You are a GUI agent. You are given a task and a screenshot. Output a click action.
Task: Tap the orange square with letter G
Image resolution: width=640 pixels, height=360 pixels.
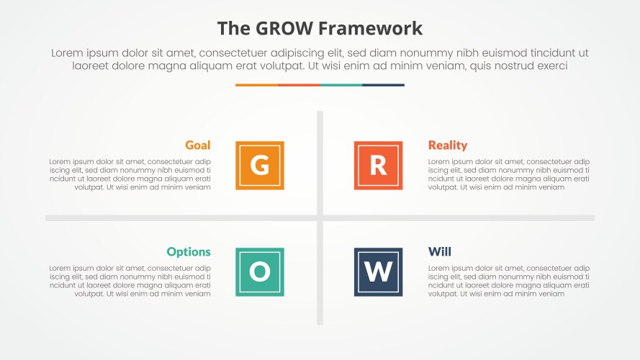(260, 166)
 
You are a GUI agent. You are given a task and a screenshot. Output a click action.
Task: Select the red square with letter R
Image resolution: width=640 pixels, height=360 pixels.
(378, 166)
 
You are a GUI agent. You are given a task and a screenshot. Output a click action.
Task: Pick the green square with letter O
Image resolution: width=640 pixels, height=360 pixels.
(260, 271)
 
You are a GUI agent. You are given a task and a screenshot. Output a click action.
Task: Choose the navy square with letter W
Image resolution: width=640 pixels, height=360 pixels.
(378, 271)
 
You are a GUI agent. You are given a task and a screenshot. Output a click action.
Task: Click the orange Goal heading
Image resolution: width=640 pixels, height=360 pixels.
(197, 145)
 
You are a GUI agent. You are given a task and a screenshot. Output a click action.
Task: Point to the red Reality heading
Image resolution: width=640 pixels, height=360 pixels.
(447, 145)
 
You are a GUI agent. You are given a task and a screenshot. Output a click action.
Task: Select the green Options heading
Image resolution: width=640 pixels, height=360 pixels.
(189, 252)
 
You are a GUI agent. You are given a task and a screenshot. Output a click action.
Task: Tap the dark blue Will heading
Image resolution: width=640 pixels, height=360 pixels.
(439, 252)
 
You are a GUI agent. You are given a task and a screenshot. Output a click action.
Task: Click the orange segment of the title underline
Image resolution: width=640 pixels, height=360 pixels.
(256, 85)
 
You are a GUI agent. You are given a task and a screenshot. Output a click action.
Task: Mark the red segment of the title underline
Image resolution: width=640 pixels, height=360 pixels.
(298, 85)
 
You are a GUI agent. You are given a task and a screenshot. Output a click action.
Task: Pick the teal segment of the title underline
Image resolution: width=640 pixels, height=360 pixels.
(341, 85)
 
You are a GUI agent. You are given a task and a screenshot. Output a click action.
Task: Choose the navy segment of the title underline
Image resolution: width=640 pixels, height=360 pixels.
(383, 85)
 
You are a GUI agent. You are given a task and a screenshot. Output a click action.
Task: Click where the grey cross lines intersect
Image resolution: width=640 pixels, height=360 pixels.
(320, 217)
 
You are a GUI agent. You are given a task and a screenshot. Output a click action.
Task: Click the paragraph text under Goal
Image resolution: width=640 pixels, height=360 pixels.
(130, 174)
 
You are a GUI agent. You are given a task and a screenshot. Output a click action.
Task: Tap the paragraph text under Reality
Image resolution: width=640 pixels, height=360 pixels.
(508, 174)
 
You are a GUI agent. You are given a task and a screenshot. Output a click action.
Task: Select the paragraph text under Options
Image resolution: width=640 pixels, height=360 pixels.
(130, 281)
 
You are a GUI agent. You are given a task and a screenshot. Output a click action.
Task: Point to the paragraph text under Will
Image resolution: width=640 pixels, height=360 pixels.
(508, 281)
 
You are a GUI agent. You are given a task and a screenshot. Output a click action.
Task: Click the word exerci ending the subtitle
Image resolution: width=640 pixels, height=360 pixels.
(550, 66)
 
